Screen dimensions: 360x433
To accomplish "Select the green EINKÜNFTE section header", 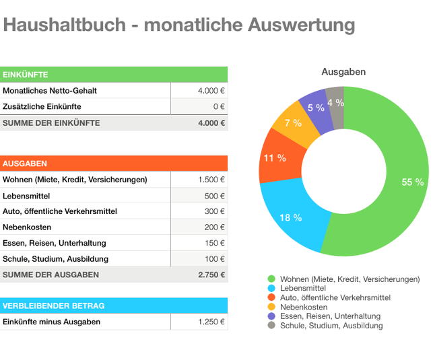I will click(x=114, y=75).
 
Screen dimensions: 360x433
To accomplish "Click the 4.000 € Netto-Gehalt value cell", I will click(x=199, y=91).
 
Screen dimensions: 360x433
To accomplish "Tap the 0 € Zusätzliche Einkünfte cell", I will click(x=199, y=106).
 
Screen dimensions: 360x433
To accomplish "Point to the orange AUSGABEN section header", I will click(x=114, y=164).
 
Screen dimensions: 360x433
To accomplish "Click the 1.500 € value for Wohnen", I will click(x=199, y=180).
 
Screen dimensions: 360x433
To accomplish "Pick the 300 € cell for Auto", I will click(x=199, y=211).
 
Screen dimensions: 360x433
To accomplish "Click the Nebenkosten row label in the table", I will click(x=27, y=227).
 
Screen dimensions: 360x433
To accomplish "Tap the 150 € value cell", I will click(x=199, y=243).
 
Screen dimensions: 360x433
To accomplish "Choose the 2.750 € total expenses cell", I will click(x=199, y=275).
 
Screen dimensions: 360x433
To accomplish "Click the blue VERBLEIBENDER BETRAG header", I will click(x=114, y=305).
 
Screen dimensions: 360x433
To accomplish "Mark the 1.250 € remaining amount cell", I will click(x=199, y=322).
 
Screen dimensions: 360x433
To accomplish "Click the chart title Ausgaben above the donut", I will click(x=343, y=72).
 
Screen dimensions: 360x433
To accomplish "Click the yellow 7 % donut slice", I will click(x=294, y=122).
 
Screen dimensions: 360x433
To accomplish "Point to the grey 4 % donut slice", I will click(x=335, y=103).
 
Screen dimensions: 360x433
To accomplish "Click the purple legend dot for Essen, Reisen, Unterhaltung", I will click(x=271, y=316).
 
